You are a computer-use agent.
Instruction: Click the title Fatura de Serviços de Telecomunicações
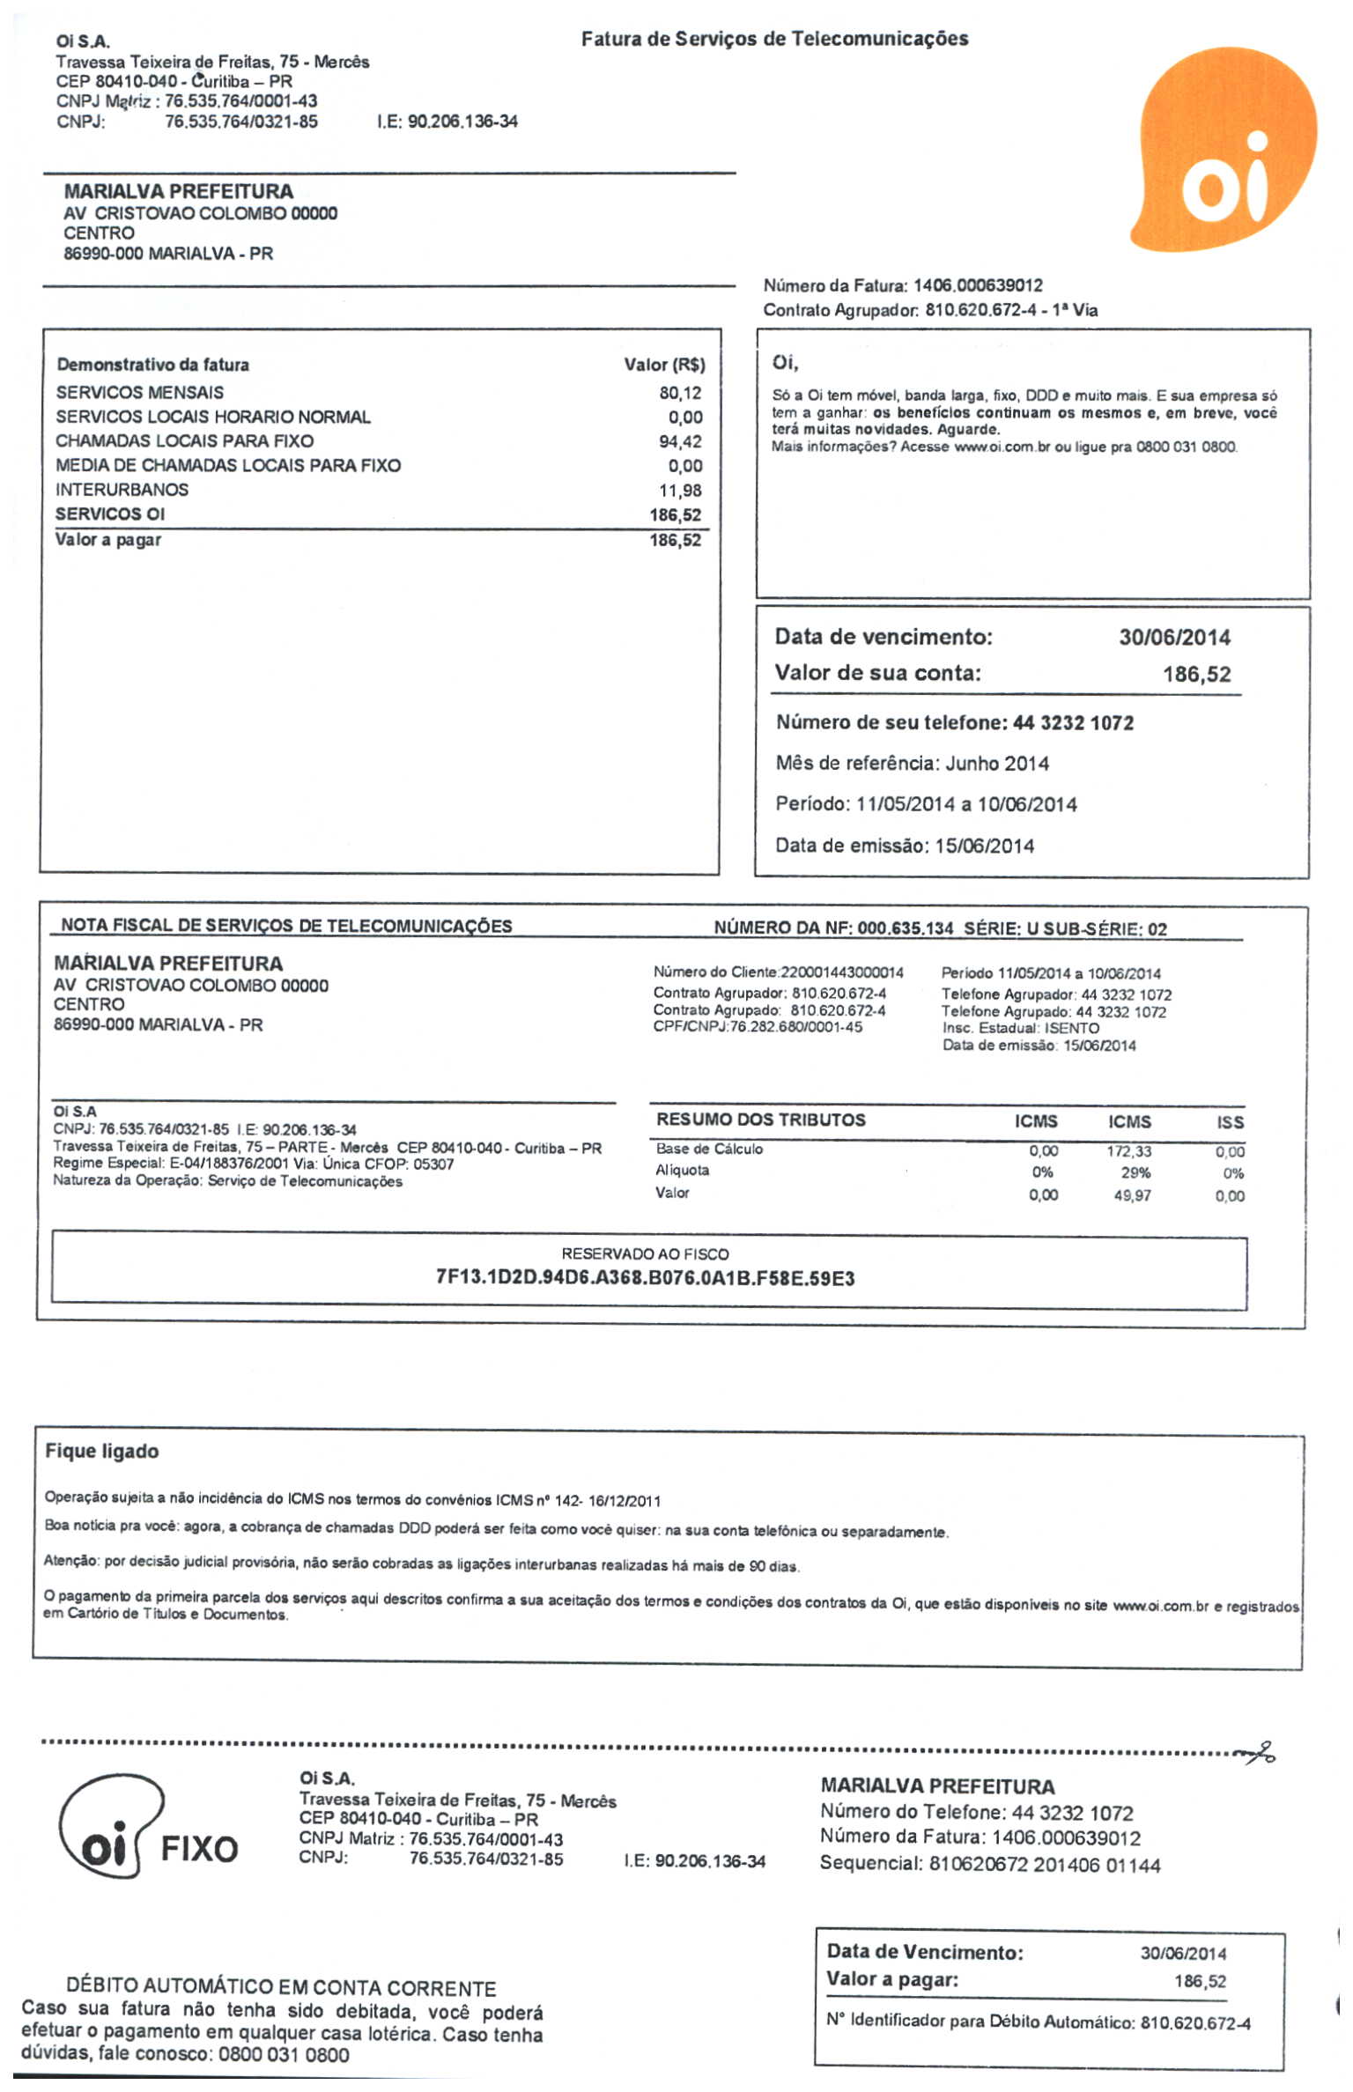(774, 39)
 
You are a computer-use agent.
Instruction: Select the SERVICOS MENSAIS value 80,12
(680, 393)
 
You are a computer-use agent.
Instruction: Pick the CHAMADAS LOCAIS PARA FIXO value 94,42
(680, 441)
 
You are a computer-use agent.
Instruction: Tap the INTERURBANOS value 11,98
(680, 491)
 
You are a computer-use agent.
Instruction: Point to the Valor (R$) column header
(664, 365)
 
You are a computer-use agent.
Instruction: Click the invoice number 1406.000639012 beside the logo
(978, 285)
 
